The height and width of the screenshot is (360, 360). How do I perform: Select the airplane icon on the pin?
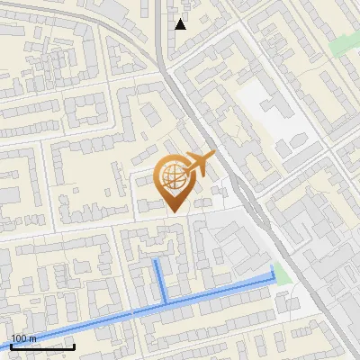pos(201,164)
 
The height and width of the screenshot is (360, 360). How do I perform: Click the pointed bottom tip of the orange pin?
pos(175,211)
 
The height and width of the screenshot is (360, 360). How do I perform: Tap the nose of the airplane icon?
pos(212,156)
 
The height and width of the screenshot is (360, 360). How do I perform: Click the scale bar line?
pos(41,346)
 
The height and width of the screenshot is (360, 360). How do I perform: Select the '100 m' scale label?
pos(23,338)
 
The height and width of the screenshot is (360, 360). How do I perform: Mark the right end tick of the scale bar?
pos(73,344)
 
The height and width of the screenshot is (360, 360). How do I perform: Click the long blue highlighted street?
pos(216,294)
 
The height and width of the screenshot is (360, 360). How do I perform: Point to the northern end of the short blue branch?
pos(157,260)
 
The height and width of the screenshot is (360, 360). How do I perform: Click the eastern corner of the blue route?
pos(274,281)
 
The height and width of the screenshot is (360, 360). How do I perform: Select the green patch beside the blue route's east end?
pos(283,274)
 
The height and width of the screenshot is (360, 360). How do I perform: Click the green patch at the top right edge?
pos(342,42)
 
